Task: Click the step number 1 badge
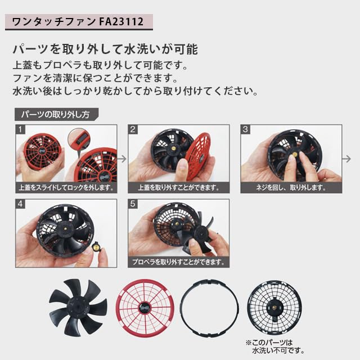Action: [x=21, y=130]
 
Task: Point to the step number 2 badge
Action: [x=134, y=130]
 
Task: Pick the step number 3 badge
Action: [x=246, y=130]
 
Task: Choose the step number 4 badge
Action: [x=21, y=205]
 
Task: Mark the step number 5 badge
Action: [x=134, y=205]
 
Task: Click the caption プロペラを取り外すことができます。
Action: [x=178, y=262]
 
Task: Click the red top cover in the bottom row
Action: [x=143, y=305]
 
